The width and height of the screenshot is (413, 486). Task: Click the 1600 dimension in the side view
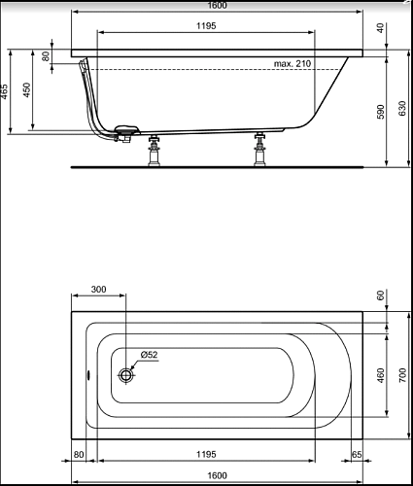click(217, 6)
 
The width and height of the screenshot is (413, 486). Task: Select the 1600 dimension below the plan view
click(217, 475)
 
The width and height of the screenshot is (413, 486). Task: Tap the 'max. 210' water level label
click(293, 63)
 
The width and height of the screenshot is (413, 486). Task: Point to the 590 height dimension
click(381, 112)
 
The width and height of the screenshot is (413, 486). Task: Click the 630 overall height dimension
click(401, 108)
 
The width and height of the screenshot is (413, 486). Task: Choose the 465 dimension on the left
click(4, 92)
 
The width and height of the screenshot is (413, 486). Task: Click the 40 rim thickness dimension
click(381, 28)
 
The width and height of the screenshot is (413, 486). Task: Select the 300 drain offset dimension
click(98, 289)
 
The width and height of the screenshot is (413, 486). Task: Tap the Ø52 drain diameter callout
click(149, 355)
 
